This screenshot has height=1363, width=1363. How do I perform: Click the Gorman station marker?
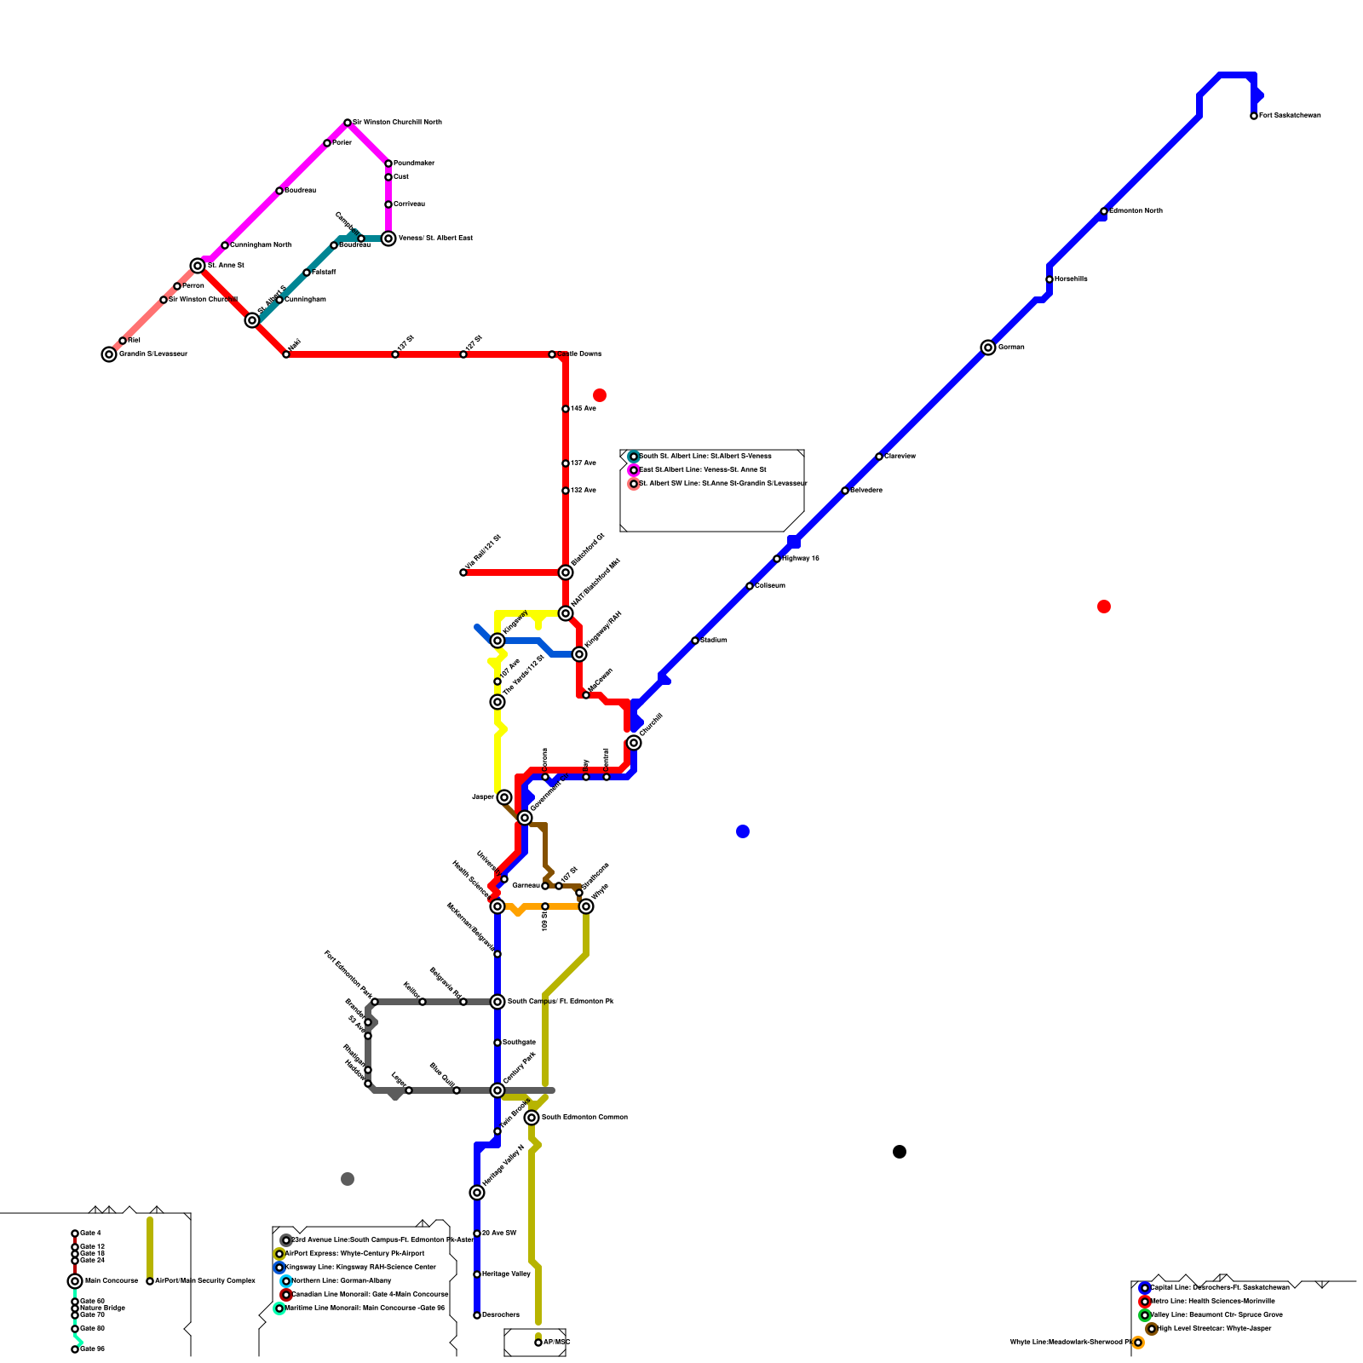(x=988, y=348)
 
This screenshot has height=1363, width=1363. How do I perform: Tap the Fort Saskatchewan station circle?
(x=1254, y=116)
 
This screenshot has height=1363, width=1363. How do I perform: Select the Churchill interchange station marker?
(x=634, y=743)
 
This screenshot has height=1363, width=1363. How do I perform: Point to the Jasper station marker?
(x=504, y=797)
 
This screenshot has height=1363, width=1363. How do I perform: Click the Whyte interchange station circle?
(x=586, y=906)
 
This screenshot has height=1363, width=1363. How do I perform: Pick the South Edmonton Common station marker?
(x=532, y=1118)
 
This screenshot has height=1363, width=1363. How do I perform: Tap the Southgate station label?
(x=519, y=1043)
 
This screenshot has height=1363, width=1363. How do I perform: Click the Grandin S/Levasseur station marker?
(x=109, y=354)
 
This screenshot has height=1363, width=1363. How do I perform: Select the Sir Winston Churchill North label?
(x=397, y=123)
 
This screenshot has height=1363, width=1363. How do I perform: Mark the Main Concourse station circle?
(x=75, y=1281)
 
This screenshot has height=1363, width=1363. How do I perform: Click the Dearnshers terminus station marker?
(x=477, y=1315)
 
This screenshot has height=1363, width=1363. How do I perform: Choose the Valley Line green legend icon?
(x=1145, y=1315)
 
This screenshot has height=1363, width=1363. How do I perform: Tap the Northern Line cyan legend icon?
(x=286, y=1281)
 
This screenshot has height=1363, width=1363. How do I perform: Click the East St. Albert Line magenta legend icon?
(x=634, y=470)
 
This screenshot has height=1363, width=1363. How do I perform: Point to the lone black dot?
(x=900, y=1152)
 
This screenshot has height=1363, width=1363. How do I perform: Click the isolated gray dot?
(x=348, y=1179)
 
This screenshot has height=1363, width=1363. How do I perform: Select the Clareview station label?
(x=900, y=457)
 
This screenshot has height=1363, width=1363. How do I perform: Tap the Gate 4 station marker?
(x=75, y=1234)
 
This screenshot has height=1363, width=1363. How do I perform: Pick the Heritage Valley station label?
(x=506, y=1274)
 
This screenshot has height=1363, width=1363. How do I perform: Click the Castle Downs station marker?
(x=552, y=354)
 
